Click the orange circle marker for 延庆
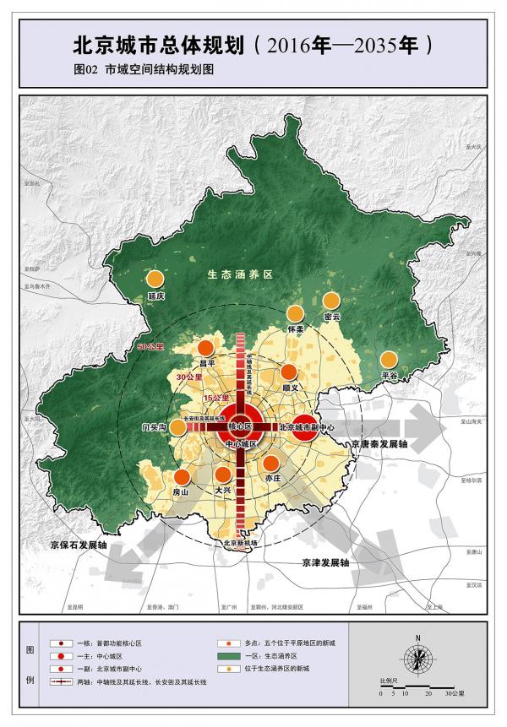[155, 279]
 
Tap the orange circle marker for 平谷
[389, 358]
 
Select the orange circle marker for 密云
[331, 300]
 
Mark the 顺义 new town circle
[290, 372]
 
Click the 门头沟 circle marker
[178, 426]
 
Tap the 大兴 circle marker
[223, 475]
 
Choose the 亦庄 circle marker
[271, 463]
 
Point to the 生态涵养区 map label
[241, 275]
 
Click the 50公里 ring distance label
[149, 346]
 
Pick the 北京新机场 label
[240, 543]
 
